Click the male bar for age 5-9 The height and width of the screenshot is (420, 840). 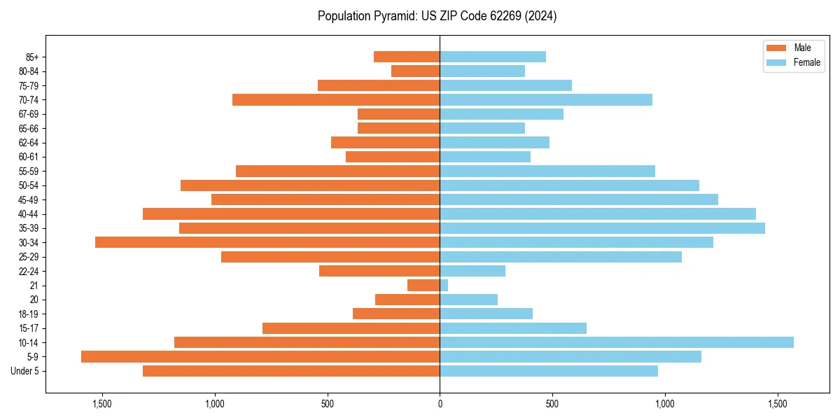pyautogui.click(x=260, y=356)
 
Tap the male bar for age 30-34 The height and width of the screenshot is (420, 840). pyautogui.click(x=267, y=242)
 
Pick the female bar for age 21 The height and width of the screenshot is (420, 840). pyautogui.click(x=444, y=285)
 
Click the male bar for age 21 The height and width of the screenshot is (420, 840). pyautogui.click(x=423, y=285)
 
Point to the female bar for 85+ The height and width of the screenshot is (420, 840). pyautogui.click(x=493, y=57)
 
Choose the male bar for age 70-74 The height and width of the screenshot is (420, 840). pyautogui.click(x=336, y=99)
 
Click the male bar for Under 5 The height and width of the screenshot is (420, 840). pyautogui.click(x=291, y=371)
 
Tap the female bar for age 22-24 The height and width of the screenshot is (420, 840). pyautogui.click(x=472, y=271)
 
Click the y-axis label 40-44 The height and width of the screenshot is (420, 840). pyautogui.click(x=29, y=214)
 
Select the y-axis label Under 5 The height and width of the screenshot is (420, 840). pyautogui.click(x=25, y=371)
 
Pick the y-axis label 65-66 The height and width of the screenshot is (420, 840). pyautogui.click(x=29, y=128)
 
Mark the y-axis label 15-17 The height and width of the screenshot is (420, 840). pyautogui.click(x=29, y=328)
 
